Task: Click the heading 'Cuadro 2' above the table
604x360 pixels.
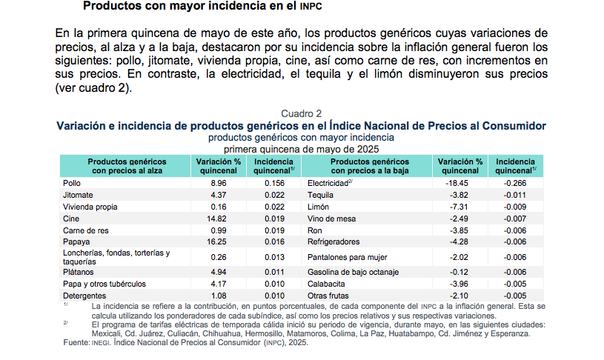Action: tap(301, 113)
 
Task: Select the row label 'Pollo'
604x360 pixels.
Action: tap(72, 182)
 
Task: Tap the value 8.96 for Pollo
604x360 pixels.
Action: tap(218, 182)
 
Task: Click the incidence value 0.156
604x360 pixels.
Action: tap(274, 182)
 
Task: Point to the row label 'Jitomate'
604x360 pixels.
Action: tap(78, 194)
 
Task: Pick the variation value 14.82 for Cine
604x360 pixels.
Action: tap(218, 219)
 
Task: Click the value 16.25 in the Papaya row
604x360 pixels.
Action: tap(218, 242)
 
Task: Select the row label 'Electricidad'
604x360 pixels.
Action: tap(328, 182)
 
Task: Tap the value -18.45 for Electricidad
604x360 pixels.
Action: tap(460, 182)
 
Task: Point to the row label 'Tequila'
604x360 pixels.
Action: tap(320, 194)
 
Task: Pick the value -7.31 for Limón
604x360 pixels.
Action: tap(460, 207)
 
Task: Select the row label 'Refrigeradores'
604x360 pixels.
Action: tap(333, 242)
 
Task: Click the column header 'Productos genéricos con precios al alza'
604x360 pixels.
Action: tap(126, 166)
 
